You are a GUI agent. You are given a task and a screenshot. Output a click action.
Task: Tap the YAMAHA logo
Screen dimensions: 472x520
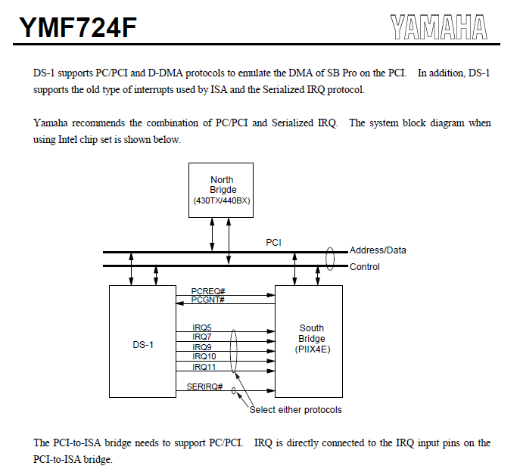[x=439, y=27]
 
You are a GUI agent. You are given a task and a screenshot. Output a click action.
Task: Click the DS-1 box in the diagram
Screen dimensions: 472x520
[x=142, y=342]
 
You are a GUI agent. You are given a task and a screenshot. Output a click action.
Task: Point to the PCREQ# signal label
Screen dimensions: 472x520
[x=208, y=290]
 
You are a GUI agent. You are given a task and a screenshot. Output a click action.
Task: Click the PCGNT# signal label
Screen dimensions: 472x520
[x=208, y=300]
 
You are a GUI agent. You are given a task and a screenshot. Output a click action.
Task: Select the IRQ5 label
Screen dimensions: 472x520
[x=202, y=328]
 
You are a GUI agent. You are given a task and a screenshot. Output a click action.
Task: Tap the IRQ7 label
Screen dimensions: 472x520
[x=202, y=337]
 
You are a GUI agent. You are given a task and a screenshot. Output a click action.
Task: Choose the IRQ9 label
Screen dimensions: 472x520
[x=202, y=347]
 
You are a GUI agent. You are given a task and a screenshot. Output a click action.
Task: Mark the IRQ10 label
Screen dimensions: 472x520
[x=204, y=357]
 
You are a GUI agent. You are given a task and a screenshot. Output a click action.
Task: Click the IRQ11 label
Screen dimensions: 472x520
[x=204, y=367]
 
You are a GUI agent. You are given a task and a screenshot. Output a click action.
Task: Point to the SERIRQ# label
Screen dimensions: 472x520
[x=204, y=387]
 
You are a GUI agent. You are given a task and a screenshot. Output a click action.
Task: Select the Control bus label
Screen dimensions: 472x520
[x=365, y=267]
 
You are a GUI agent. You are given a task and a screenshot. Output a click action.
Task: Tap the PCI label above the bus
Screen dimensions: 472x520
[x=274, y=243]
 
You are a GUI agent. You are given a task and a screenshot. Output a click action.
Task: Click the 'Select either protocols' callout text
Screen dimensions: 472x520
[x=296, y=410]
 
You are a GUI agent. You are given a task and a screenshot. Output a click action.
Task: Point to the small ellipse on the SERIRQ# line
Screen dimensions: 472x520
[x=234, y=391]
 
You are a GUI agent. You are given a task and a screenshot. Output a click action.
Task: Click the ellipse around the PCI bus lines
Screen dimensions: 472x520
[x=330, y=258]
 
